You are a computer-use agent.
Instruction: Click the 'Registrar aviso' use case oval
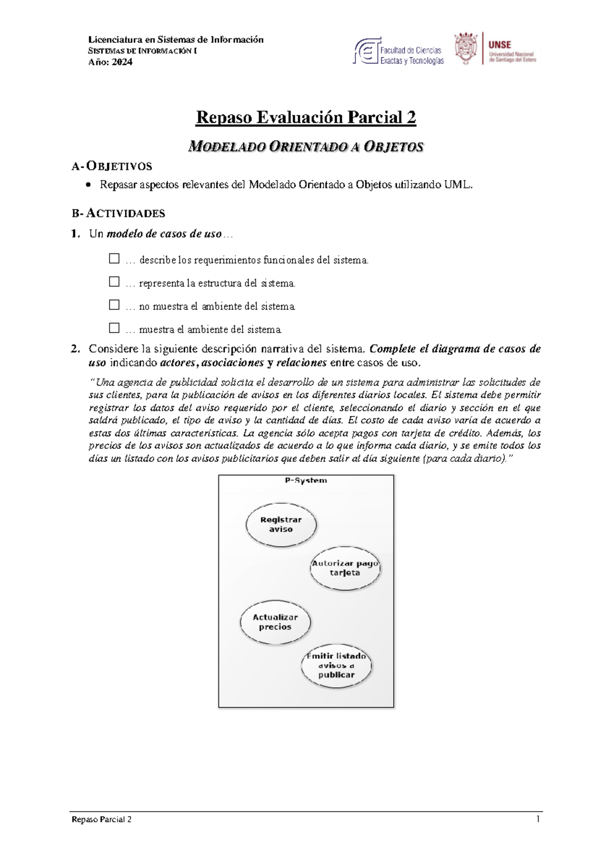click(x=281, y=524)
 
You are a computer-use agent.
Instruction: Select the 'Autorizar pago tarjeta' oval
click(x=345, y=568)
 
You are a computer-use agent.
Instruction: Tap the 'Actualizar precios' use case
click(x=275, y=622)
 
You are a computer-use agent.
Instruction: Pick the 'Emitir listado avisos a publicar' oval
click(x=336, y=665)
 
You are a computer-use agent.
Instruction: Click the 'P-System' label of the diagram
click(x=306, y=480)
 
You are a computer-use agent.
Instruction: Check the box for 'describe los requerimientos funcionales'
click(x=114, y=258)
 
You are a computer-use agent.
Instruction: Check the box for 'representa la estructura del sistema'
click(x=114, y=281)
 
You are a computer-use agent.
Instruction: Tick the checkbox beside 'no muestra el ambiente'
click(x=114, y=304)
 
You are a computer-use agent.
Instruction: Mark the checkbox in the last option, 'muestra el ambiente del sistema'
click(x=114, y=328)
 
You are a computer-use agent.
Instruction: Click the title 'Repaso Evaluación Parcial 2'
click(x=306, y=117)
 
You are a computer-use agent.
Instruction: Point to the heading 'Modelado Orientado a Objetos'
click(x=306, y=147)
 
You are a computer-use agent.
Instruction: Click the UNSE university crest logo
click(x=465, y=49)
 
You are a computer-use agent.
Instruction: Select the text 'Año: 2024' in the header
click(x=110, y=62)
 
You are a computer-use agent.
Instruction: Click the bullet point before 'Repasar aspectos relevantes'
click(x=89, y=185)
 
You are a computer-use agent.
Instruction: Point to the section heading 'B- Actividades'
click(x=118, y=213)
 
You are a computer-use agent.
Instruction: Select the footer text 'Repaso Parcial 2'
click(x=102, y=820)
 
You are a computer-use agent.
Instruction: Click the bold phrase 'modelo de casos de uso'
click(x=164, y=234)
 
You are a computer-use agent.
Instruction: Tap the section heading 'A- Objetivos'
click(x=112, y=166)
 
